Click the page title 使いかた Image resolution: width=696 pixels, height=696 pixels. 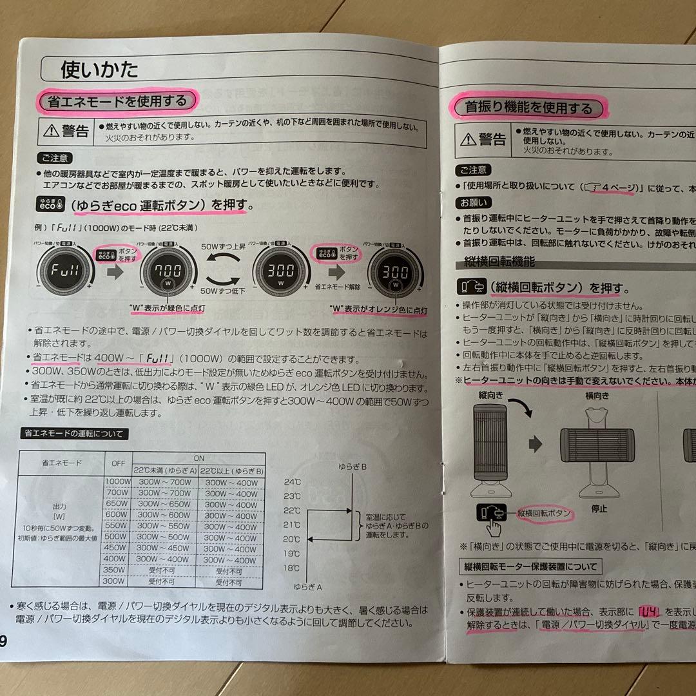click(99, 69)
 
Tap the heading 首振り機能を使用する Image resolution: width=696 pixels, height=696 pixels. click(528, 107)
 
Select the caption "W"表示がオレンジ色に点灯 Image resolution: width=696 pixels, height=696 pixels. click(378, 309)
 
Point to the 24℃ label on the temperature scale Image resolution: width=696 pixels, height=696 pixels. click(292, 481)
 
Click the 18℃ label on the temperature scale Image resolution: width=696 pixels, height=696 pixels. click(292, 568)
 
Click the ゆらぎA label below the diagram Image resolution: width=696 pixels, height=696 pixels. click(307, 586)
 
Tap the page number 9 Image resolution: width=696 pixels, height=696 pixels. click(4, 641)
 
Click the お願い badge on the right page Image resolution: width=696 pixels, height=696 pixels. click(474, 202)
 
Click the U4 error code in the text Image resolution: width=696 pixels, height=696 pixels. click(649, 610)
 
